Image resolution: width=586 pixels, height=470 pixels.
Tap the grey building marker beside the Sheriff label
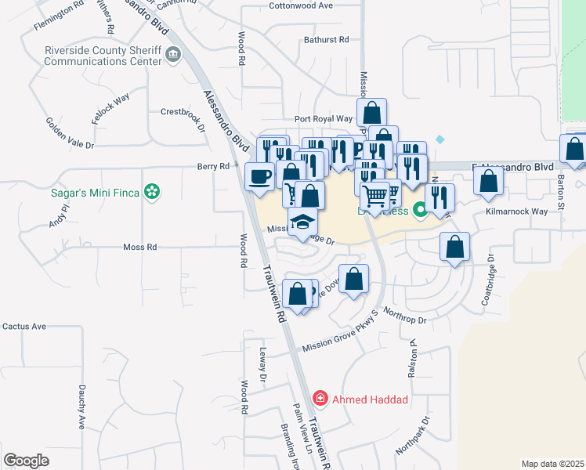[174, 55]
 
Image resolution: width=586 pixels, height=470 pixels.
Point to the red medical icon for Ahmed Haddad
[320, 399]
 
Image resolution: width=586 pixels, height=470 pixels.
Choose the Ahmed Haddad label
[371, 399]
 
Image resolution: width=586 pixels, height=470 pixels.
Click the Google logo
[26, 461]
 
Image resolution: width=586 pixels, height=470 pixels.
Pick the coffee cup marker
[260, 176]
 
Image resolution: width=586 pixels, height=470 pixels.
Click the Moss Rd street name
[140, 247]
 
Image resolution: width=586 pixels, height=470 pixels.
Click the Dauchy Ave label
[81, 406]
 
